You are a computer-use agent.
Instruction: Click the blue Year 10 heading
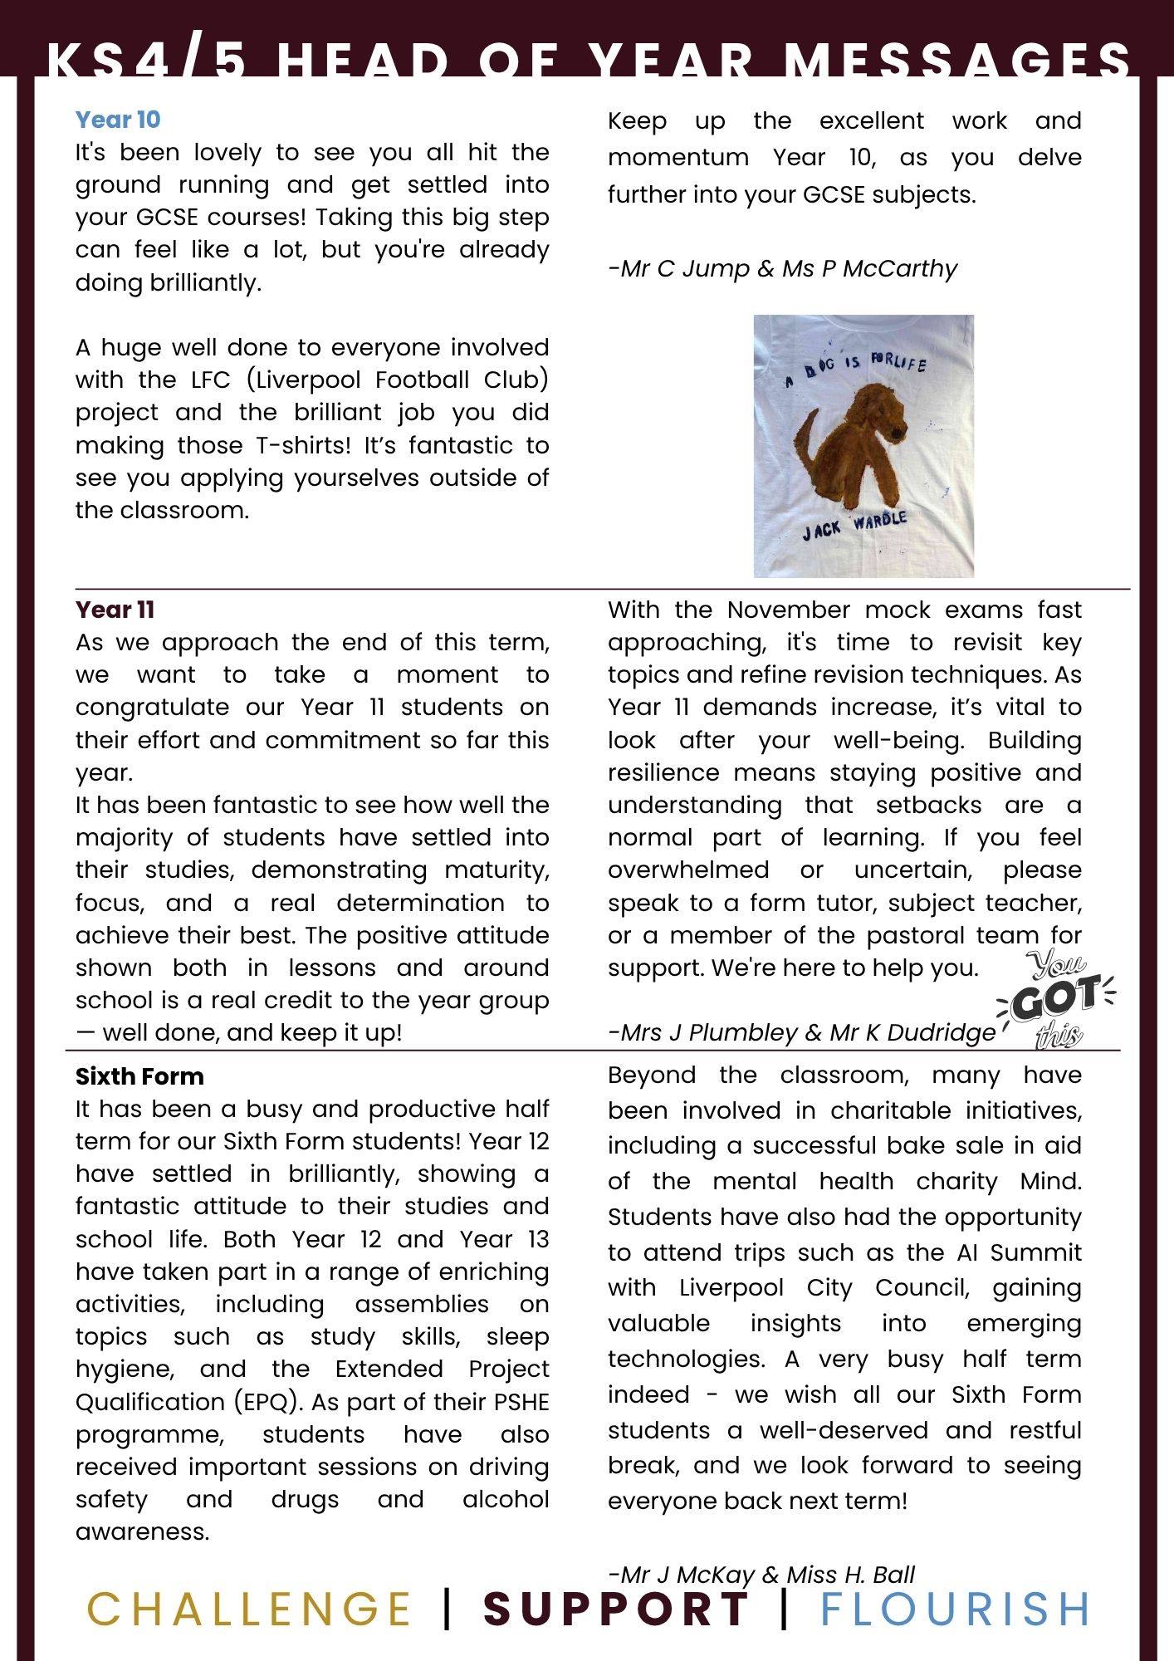[x=117, y=120]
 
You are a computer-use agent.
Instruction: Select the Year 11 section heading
[x=115, y=610]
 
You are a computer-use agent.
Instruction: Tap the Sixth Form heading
[x=139, y=1076]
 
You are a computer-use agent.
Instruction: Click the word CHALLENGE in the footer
[x=249, y=1609]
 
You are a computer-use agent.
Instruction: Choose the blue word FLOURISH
[x=955, y=1609]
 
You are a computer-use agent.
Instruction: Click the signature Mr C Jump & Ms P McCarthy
[x=782, y=268]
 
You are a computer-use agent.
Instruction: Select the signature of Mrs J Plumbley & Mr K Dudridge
[x=801, y=1032]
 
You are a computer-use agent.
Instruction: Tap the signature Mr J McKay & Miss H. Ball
[x=761, y=1575]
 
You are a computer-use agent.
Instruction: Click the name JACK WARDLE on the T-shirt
[x=854, y=525]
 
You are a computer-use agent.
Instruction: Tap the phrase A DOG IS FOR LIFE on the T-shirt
[x=855, y=370]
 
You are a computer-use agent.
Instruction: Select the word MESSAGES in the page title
[x=958, y=60]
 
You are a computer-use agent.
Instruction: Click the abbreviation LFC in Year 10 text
[x=210, y=380]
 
